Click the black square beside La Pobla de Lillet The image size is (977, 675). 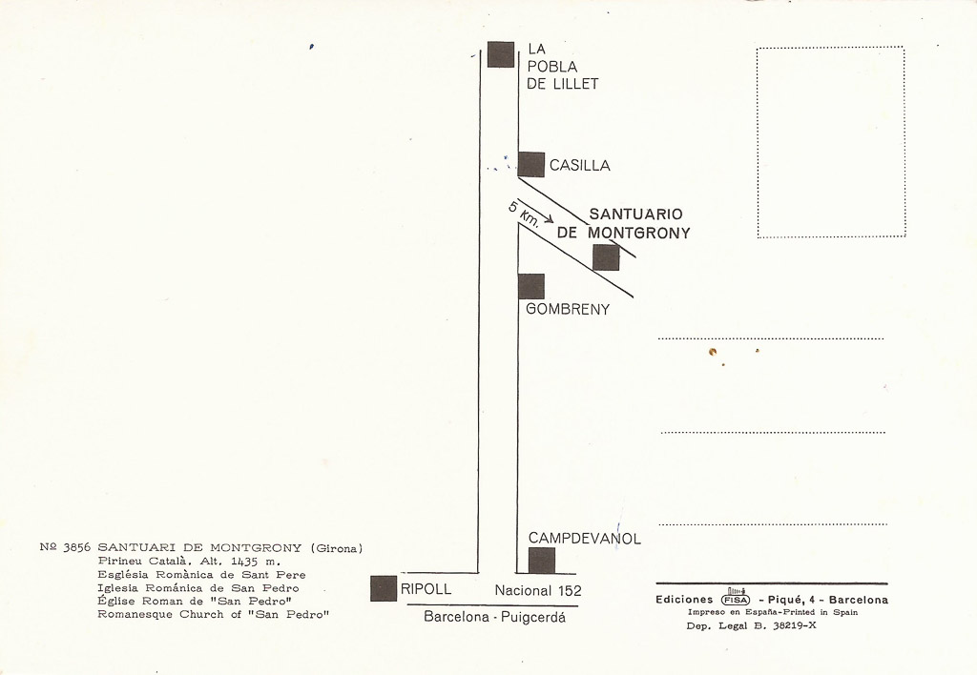tap(501, 54)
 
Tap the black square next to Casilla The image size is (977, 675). tap(530, 164)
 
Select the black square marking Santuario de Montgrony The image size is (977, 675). tap(606, 257)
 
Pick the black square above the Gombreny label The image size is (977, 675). tap(530, 286)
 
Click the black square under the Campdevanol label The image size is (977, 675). tap(542, 561)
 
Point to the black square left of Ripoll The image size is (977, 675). tap(384, 588)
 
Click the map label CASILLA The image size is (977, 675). tap(579, 166)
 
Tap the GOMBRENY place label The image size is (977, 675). tap(568, 310)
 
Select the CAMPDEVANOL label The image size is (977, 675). tap(585, 539)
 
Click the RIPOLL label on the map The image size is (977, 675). tap(426, 589)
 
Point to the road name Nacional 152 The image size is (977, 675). tap(538, 590)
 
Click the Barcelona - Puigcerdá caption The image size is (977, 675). tap(495, 618)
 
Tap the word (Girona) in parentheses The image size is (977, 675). tap(337, 548)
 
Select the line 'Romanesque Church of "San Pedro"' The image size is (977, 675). tap(213, 615)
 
